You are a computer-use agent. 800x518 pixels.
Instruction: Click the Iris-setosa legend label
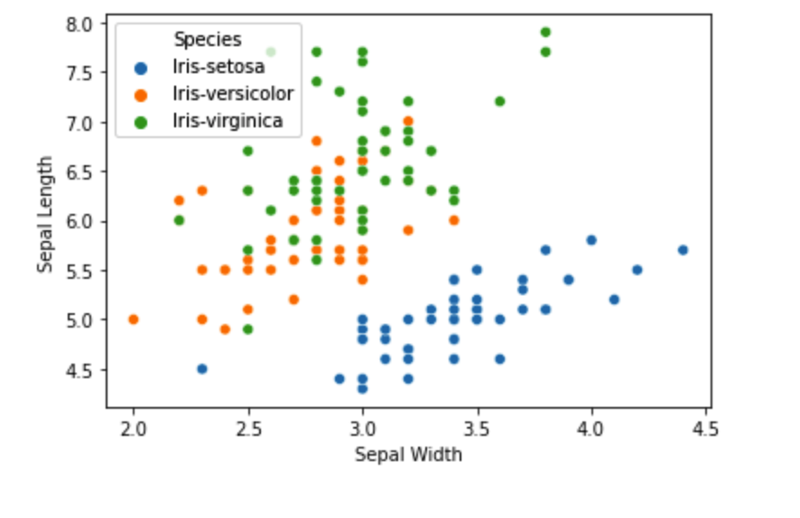[219, 67]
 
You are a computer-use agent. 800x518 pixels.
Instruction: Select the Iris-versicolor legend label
[233, 94]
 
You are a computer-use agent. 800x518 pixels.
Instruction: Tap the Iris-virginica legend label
[228, 121]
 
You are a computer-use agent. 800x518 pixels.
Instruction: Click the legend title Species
[208, 39]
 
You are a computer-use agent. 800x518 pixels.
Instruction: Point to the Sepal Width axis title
[408, 454]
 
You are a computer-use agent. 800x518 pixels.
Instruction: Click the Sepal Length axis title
[45, 214]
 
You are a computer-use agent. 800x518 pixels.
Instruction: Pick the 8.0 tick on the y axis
[81, 23]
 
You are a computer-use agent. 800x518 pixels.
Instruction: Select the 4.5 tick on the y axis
[81, 369]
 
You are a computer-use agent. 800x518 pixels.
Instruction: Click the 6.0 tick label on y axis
[81, 221]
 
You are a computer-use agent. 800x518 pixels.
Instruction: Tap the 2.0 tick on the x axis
[134, 426]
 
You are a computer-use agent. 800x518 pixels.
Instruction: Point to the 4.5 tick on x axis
[705, 426]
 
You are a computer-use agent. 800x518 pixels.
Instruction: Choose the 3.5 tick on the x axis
[477, 426]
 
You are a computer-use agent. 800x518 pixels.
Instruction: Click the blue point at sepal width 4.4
[683, 250]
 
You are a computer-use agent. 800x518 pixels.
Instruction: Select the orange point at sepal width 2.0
[134, 319]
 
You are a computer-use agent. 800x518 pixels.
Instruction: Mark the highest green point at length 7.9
[545, 32]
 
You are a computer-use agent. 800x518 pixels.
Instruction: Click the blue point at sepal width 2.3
[202, 368]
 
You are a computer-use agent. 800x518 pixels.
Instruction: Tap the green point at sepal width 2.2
[179, 220]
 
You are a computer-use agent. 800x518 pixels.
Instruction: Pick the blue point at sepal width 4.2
[637, 270]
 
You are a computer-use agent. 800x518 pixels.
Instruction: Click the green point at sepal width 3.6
[499, 101]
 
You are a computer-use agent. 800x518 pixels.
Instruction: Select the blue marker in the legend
[140, 67]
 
